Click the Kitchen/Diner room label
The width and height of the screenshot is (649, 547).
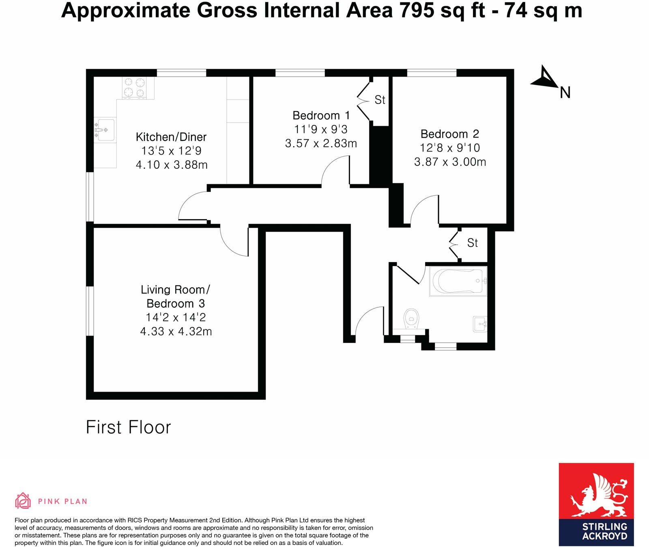tap(171, 137)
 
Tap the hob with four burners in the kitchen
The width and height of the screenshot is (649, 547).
tap(134, 88)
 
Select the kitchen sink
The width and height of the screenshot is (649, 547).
tap(105, 130)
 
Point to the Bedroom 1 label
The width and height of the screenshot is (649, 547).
tap(321, 116)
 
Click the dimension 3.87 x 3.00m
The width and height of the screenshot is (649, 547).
tap(450, 162)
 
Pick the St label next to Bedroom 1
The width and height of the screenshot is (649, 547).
tap(380, 100)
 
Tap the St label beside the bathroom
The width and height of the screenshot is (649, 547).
tap(473, 243)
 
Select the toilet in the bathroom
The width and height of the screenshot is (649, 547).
tap(412, 319)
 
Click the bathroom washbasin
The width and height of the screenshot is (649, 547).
tap(480, 324)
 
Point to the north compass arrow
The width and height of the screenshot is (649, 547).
tap(544, 78)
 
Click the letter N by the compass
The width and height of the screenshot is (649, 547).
tap(565, 93)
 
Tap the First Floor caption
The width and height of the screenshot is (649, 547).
tap(128, 427)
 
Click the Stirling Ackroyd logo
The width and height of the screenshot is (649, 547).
tap(596, 504)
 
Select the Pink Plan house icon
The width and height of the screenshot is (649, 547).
tap(23, 501)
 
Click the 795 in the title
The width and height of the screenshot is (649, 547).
tap(417, 11)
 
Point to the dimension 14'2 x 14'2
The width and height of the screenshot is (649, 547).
tap(176, 317)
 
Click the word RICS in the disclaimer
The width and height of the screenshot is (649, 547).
tap(135, 520)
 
